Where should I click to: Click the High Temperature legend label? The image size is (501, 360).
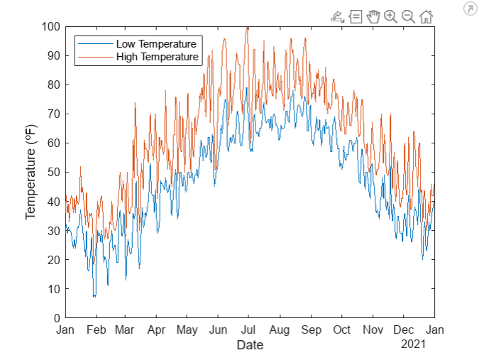pyautogui.click(x=157, y=57)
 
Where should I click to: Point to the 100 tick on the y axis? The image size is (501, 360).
pyautogui.click(x=53, y=27)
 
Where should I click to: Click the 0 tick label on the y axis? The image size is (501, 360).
pyautogui.click(x=57, y=317)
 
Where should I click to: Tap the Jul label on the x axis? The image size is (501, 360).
pyautogui.click(x=249, y=330)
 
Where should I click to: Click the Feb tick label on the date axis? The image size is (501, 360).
pyautogui.click(x=96, y=330)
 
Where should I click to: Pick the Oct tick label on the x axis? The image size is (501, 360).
pyautogui.click(x=341, y=330)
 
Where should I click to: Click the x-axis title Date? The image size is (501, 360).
pyautogui.click(x=250, y=345)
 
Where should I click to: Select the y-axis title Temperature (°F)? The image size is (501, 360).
pyautogui.click(x=31, y=173)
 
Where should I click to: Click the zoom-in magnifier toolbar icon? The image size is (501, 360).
pyautogui.click(x=390, y=16)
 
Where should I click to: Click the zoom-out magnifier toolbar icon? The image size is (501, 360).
pyautogui.click(x=408, y=16)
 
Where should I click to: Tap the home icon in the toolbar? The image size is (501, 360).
pyautogui.click(x=426, y=16)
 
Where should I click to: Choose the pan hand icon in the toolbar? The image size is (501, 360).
pyautogui.click(x=373, y=16)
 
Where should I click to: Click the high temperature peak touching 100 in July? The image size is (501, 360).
pyautogui.click(x=248, y=28)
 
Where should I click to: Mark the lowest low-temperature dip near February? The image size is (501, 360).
pyautogui.click(x=94, y=296)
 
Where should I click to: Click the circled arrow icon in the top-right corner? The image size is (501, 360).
pyautogui.click(x=470, y=9)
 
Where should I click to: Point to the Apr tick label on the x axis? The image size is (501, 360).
pyautogui.click(x=156, y=330)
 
